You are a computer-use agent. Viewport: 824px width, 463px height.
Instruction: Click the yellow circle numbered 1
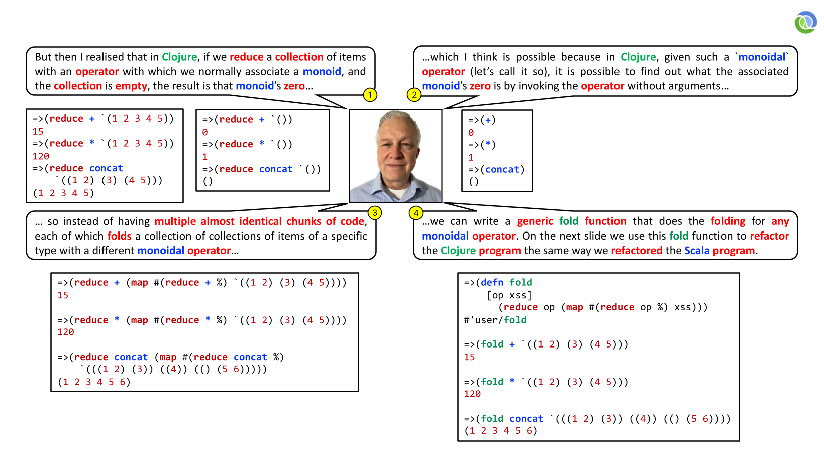(370, 95)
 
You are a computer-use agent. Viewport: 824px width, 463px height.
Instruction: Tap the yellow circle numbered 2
(414, 95)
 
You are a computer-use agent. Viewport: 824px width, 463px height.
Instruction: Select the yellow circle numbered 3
(374, 213)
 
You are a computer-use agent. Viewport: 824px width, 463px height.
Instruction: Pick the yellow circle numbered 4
(416, 213)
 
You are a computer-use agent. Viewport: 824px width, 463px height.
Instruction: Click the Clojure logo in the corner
(805, 22)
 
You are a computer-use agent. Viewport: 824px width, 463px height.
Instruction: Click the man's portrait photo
(395, 156)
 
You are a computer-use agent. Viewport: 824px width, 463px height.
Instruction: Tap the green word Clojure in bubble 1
(179, 57)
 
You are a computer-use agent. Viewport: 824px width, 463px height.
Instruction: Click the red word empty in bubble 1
(131, 86)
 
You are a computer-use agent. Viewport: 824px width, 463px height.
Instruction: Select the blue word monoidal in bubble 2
(762, 57)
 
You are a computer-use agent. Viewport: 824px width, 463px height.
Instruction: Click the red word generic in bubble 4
(535, 221)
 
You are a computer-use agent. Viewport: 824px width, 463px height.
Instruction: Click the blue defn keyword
(492, 282)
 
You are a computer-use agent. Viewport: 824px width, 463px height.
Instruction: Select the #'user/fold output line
(495, 320)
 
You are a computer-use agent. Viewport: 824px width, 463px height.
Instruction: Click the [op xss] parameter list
(509, 295)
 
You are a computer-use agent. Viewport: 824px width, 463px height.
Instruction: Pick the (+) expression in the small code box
(488, 120)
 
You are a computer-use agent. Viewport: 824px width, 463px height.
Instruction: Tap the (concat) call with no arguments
(502, 170)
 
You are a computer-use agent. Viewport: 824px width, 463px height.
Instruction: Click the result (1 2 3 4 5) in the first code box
(64, 193)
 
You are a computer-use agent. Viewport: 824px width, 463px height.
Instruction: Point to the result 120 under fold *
(472, 394)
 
